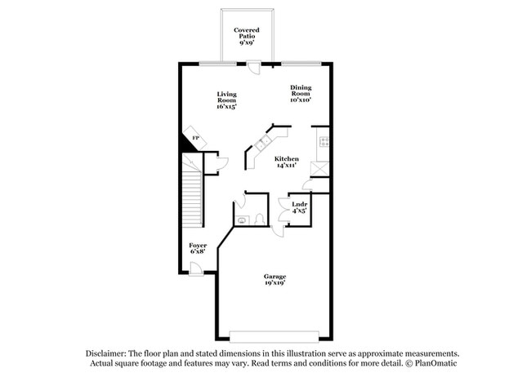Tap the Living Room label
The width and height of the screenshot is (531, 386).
tap(226, 100)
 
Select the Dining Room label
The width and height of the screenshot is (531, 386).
tap(301, 94)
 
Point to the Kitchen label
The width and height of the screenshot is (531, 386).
tap(286, 161)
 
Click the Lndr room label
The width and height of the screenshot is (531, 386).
tap(300, 206)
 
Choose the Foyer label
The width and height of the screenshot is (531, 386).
tap(198, 248)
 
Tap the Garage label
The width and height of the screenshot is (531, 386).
tap(274, 281)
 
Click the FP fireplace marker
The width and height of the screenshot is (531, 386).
tap(194, 138)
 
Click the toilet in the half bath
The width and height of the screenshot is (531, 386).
tap(257, 219)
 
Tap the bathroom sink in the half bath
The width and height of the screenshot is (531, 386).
tap(241, 220)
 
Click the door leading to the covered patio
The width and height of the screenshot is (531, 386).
tap(255, 68)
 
